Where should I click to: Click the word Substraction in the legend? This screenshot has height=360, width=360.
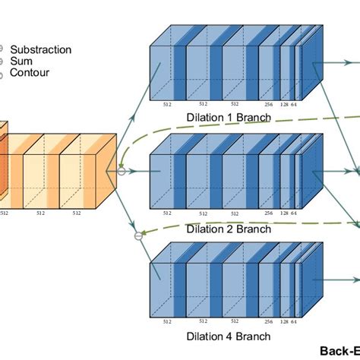pyautogui.click(x=41, y=49)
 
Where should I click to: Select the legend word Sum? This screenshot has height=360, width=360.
pyautogui.click(x=22, y=62)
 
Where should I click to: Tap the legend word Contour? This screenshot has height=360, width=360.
pyautogui.click(x=30, y=74)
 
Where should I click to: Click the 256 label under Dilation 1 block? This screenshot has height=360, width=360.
pyautogui.click(x=270, y=104)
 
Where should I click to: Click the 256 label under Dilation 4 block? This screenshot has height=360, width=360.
pyautogui.click(x=270, y=322)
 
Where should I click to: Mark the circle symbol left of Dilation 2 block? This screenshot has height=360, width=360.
pyautogui.click(x=121, y=172)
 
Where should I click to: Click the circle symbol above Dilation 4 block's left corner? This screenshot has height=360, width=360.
pyautogui.click(x=138, y=236)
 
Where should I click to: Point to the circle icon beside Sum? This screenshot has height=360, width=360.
pyautogui.click(x=2, y=62)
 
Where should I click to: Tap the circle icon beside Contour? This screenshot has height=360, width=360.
pyautogui.click(x=2, y=74)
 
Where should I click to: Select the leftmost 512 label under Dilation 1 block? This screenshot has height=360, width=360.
pyautogui.click(x=167, y=104)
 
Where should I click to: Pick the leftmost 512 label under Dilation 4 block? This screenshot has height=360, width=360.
pyautogui.click(x=167, y=322)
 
